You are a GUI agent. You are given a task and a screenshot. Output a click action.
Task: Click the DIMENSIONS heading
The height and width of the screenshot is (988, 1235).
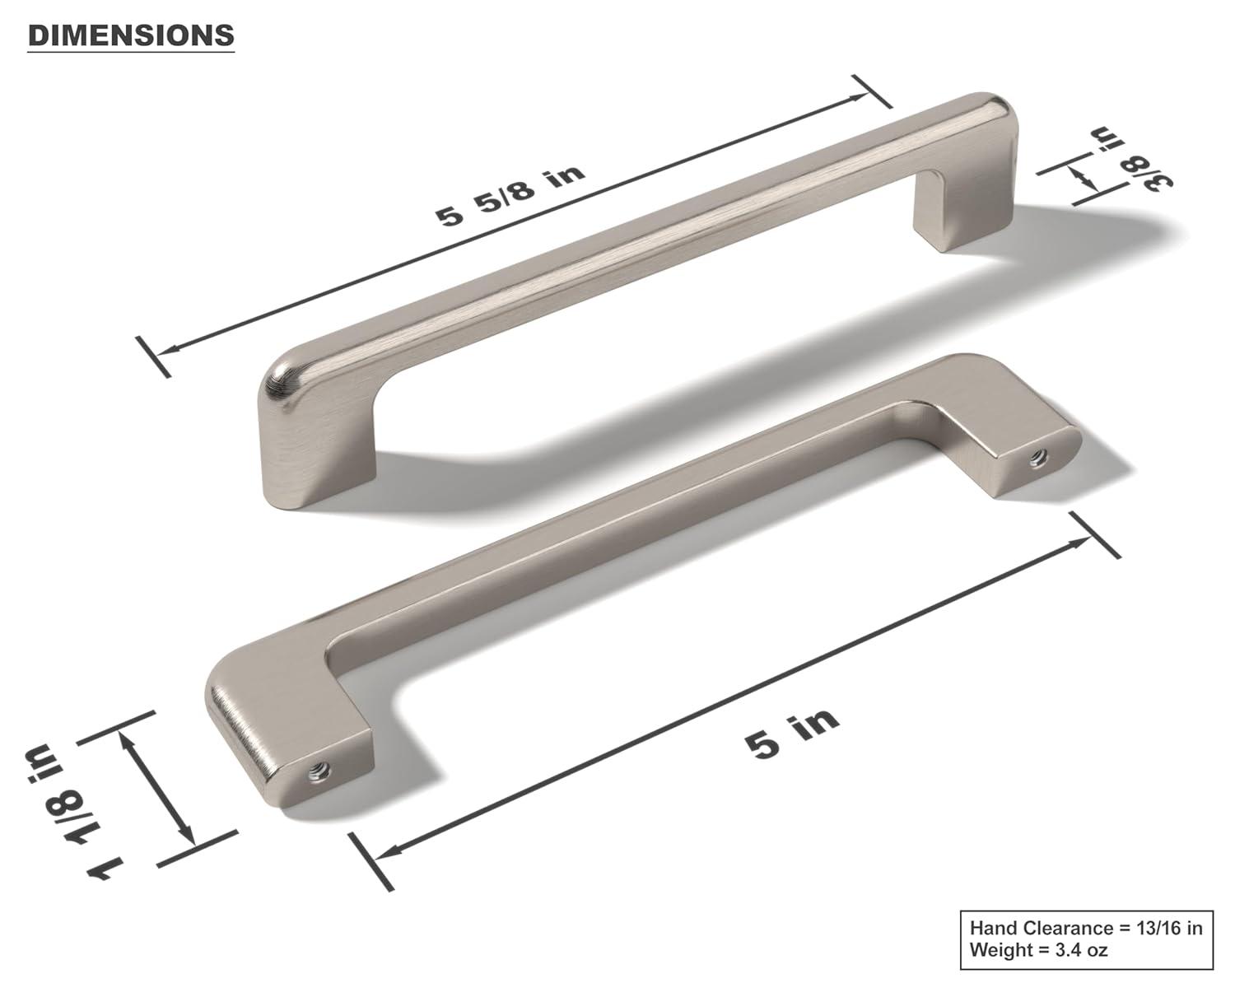tap(131, 35)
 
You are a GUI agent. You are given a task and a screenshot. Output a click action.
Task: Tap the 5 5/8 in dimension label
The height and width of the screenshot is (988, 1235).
tap(510, 195)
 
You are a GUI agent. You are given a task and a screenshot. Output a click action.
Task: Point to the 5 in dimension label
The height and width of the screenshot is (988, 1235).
tap(793, 732)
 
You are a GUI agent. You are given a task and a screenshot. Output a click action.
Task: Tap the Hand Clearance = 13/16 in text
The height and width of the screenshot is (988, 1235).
tap(1085, 928)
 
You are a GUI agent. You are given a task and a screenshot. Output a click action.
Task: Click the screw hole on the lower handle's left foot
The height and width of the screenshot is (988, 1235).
tap(319, 772)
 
